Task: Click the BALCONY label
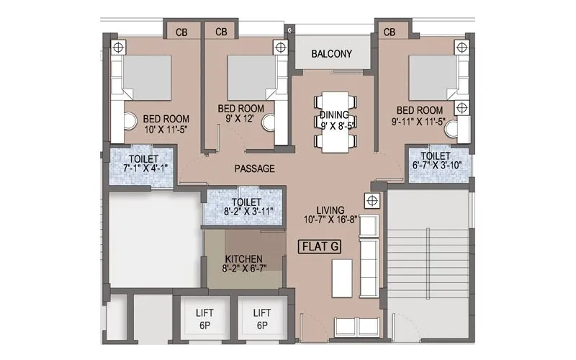331,54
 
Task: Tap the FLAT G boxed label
319,246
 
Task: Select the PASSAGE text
255,168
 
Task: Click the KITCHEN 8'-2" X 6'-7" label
243,264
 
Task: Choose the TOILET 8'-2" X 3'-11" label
242,208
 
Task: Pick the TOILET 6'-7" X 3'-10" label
436,161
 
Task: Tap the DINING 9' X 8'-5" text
334,120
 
